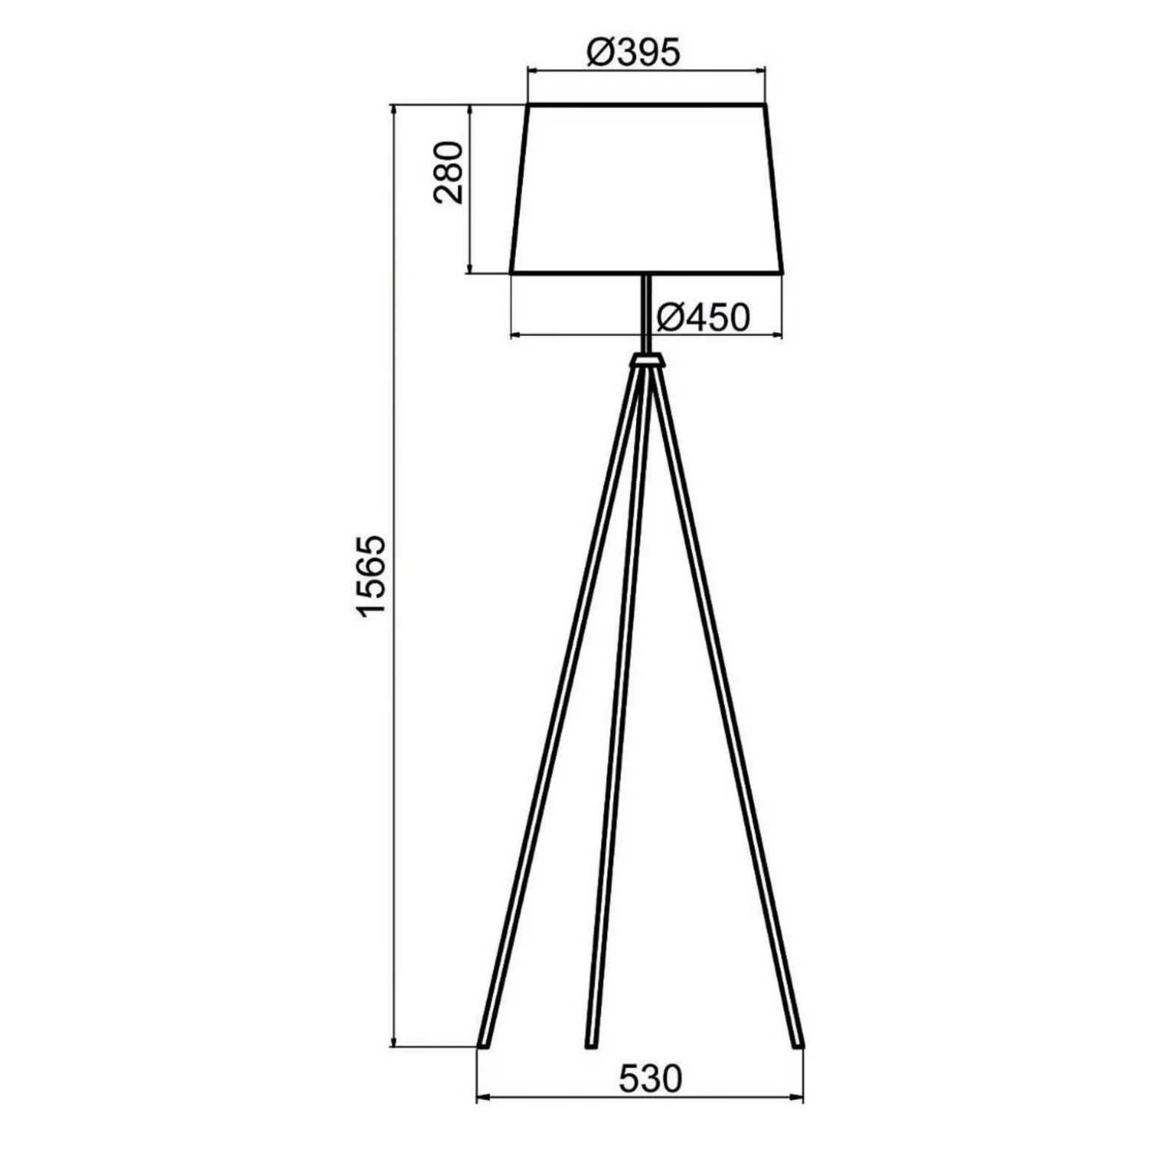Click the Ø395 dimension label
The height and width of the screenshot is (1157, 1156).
[x=633, y=53]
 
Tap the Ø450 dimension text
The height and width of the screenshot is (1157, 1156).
[x=703, y=318]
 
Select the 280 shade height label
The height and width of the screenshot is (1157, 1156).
[x=449, y=172]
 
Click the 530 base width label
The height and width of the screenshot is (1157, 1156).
[x=650, y=1079]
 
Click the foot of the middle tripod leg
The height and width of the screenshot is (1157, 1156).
[x=591, y=1045]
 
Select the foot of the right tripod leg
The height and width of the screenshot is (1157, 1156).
[x=797, y=1045]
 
